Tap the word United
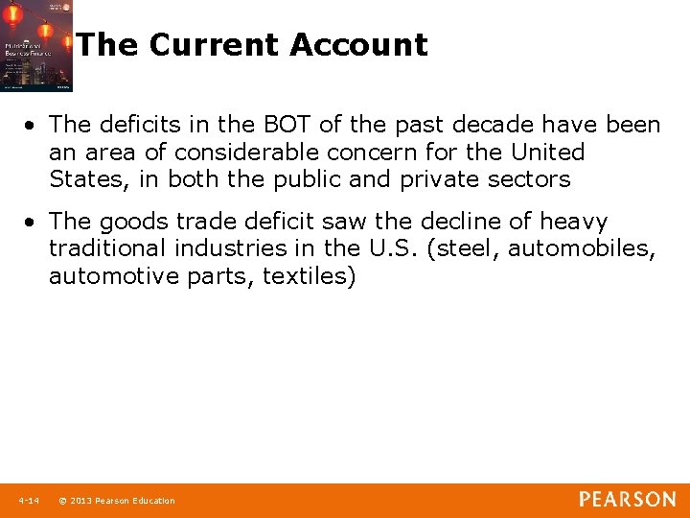(x=547, y=152)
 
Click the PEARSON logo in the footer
(x=627, y=500)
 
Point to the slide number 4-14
(x=28, y=501)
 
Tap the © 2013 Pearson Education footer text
(x=117, y=501)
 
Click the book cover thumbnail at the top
(x=36, y=46)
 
